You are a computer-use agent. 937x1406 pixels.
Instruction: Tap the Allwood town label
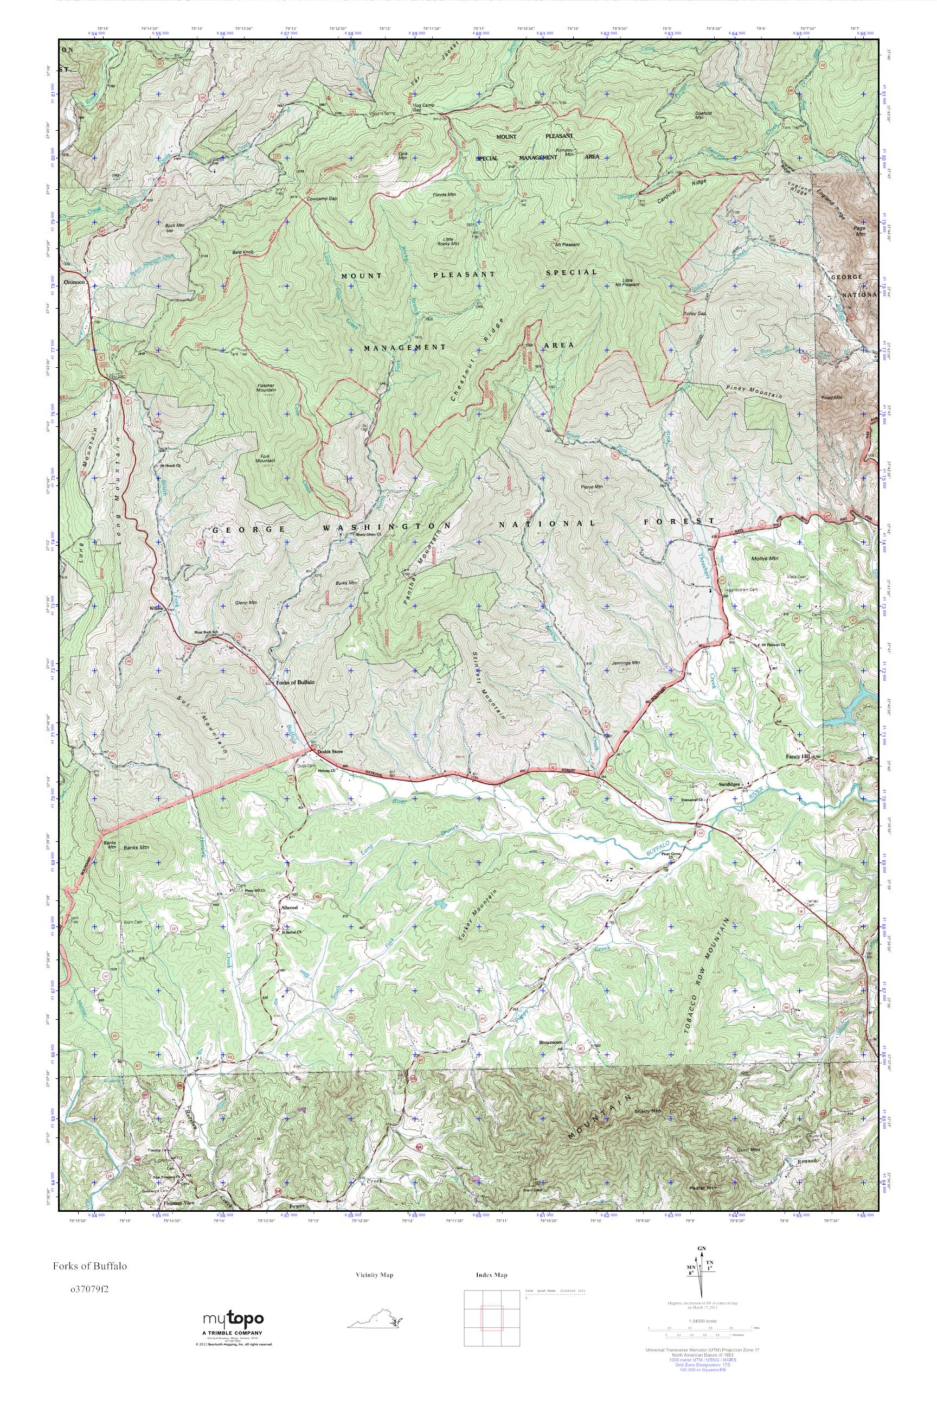(288, 907)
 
